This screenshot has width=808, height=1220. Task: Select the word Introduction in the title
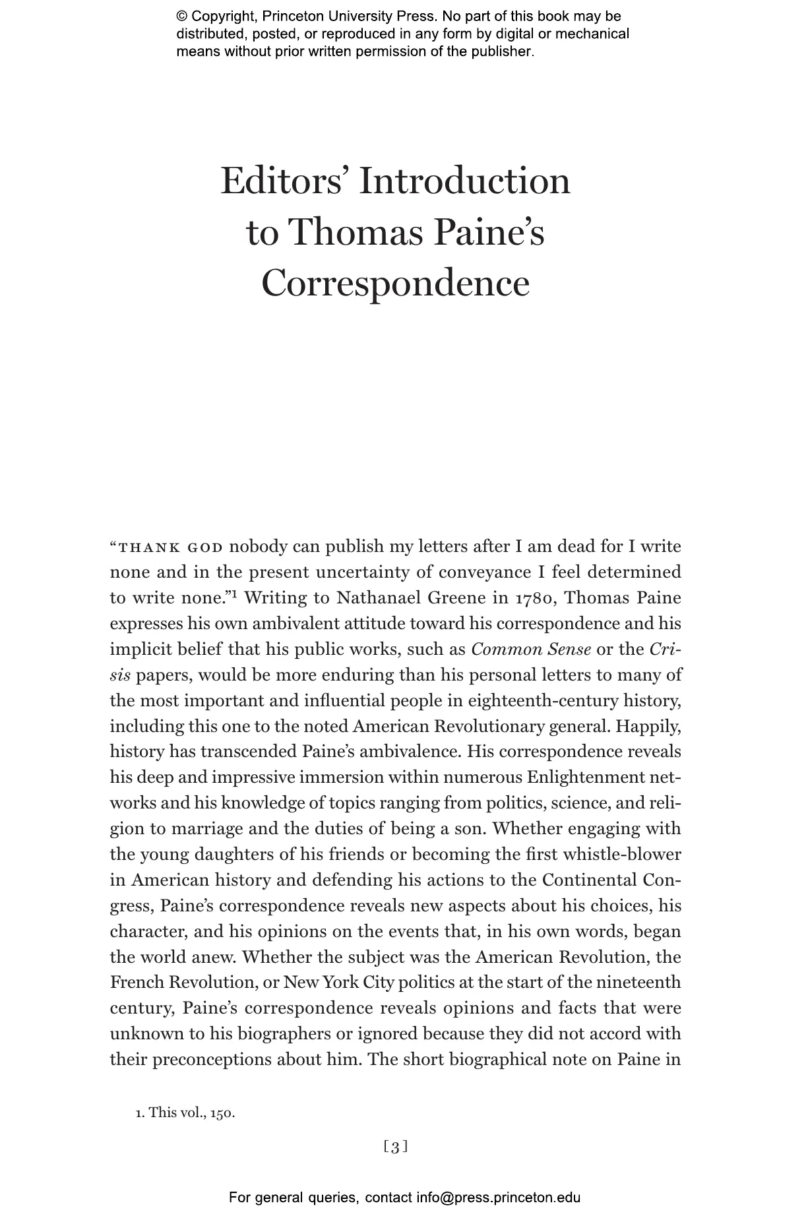click(464, 181)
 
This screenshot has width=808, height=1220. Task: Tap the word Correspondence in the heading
click(395, 284)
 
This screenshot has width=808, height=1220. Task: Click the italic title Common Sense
click(531, 650)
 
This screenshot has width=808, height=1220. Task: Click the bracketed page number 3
click(395, 1147)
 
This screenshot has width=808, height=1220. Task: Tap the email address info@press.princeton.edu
click(498, 1198)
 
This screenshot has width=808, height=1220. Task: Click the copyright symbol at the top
click(182, 16)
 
